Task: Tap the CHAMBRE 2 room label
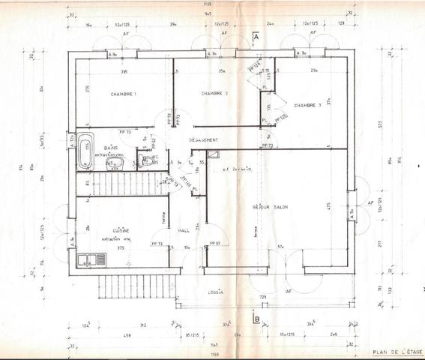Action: (x=214, y=93)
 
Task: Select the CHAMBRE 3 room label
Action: (x=307, y=106)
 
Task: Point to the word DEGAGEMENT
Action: (x=203, y=140)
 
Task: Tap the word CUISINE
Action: (x=100, y=229)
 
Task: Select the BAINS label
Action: (x=112, y=148)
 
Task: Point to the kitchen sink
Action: (x=90, y=261)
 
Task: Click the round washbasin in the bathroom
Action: (x=115, y=164)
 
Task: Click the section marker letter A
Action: (x=256, y=35)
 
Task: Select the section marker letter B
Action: (x=256, y=319)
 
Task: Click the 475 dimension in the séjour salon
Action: (x=328, y=205)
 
